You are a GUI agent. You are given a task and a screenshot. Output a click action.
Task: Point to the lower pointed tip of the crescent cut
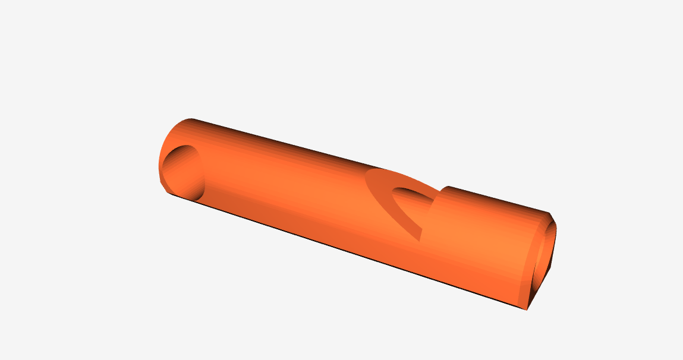point(420,239)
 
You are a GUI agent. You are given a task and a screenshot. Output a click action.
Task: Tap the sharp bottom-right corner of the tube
point(525,310)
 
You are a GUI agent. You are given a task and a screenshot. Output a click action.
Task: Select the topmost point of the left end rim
point(191,119)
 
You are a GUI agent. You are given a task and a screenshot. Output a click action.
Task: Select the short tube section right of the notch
point(487,238)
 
